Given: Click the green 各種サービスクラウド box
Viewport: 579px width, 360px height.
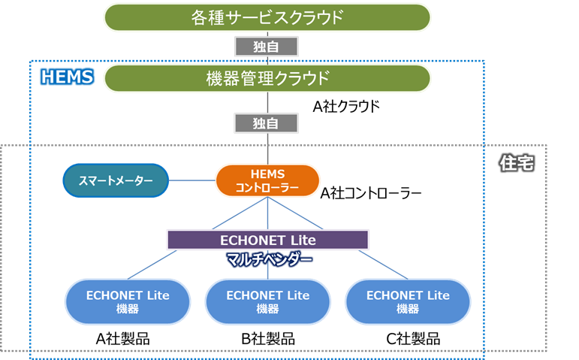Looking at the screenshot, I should [267, 17].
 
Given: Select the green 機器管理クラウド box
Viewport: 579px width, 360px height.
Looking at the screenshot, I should [267, 77].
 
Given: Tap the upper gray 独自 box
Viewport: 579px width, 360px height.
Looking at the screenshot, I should [267, 47].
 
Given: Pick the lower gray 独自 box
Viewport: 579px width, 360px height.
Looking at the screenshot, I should [267, 122].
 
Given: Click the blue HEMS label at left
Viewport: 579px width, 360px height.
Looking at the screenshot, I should [66, 76].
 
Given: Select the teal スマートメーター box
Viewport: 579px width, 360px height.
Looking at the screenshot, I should [115, 180].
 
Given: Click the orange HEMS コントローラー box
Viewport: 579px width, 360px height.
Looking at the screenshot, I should [267, 180].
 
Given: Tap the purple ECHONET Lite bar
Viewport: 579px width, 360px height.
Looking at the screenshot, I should [267, 240].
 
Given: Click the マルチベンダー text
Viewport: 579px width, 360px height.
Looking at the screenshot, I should [269, 259].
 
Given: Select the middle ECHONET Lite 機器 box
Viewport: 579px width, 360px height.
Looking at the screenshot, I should [267, 301].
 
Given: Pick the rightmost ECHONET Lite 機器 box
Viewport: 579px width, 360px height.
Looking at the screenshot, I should [408, 301].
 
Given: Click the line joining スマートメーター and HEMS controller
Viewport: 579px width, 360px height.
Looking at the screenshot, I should [192, 180].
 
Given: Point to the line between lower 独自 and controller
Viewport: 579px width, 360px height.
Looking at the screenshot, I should [267, 148].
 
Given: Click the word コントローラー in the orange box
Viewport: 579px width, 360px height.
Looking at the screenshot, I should [267, 187].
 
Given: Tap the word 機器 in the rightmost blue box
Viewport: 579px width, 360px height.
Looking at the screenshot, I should [408, 309].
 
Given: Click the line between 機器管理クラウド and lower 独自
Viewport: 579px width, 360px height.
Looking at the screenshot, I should [267, 101].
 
